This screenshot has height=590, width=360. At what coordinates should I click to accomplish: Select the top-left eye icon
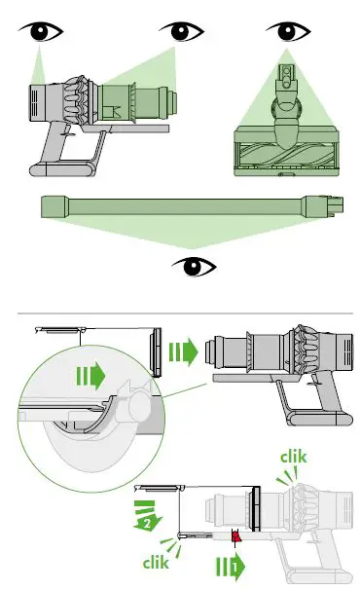point(39,32)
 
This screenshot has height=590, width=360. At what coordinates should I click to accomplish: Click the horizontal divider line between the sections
point(180,313)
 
